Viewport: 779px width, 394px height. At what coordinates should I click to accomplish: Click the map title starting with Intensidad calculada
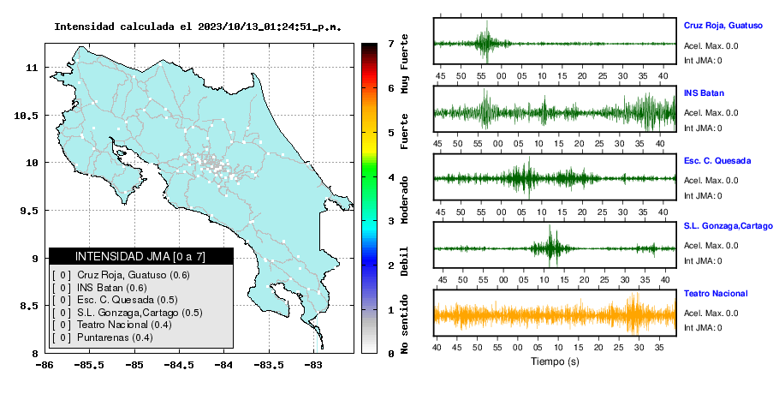point(198,27)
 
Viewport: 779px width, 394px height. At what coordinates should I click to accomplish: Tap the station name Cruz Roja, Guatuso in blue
point(723,26)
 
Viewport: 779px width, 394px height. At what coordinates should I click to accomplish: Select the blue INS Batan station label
point(704,93)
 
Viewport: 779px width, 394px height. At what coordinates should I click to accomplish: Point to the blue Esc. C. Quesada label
point(717,160)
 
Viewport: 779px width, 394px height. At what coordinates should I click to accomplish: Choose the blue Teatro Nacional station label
point(716,293)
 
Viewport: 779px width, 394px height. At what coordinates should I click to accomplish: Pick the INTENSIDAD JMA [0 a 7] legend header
point(140,256)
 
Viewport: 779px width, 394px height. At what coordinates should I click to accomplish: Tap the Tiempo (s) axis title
point(555,361)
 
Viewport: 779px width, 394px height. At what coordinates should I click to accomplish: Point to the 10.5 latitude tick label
point(27,116)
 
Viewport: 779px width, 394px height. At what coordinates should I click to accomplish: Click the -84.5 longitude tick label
point(179,365)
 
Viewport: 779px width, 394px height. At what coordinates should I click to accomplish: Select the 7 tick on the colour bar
point(391,44)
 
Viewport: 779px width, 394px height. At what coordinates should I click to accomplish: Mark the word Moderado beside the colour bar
point(404,200)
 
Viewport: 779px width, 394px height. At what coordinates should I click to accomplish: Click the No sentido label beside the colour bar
point(404,324)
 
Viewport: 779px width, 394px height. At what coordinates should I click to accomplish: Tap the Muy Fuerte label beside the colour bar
point(404,63)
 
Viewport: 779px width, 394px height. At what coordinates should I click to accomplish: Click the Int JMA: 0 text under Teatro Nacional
point(703,328)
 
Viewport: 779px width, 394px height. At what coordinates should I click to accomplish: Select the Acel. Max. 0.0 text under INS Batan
point(711,113)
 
